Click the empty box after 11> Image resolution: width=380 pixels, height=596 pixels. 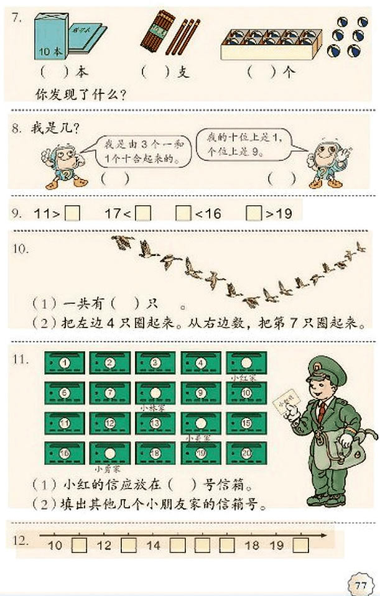click(x=73, y=214)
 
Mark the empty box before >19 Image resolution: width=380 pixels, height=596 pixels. click(x=254, y=214)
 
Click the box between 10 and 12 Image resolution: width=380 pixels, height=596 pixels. click(x=79, y=546)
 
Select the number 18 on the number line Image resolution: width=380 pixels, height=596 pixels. click(x=252, y=546)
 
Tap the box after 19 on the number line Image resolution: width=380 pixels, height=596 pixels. click(x=300, y=546)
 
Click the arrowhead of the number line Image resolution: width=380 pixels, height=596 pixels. click(x=324, y=534)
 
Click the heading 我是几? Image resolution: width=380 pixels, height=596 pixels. click(x=55, y=129)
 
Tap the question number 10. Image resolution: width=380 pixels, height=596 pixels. click(x=21, y=249)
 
